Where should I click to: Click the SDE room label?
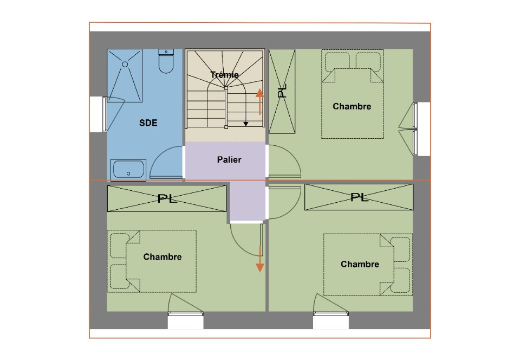pos(148,123)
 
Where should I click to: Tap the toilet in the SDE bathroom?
pos(166,61)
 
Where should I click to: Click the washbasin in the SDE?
pos(128,170)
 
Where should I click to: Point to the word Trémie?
pos(224,75)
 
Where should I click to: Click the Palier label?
pos(229,160)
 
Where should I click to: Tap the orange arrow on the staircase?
pos(260,101)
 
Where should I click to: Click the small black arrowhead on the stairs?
pos(246,124)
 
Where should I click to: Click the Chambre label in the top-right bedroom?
pos(352,106)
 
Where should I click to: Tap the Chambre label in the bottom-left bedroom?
pos(162,257)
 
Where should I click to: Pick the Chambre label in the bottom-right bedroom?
pos(360,264)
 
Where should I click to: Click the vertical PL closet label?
pos(282,92)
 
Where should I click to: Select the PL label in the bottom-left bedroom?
pos(167,199)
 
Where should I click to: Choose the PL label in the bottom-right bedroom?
pos(359,197)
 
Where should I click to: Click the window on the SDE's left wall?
pos(103,114)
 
